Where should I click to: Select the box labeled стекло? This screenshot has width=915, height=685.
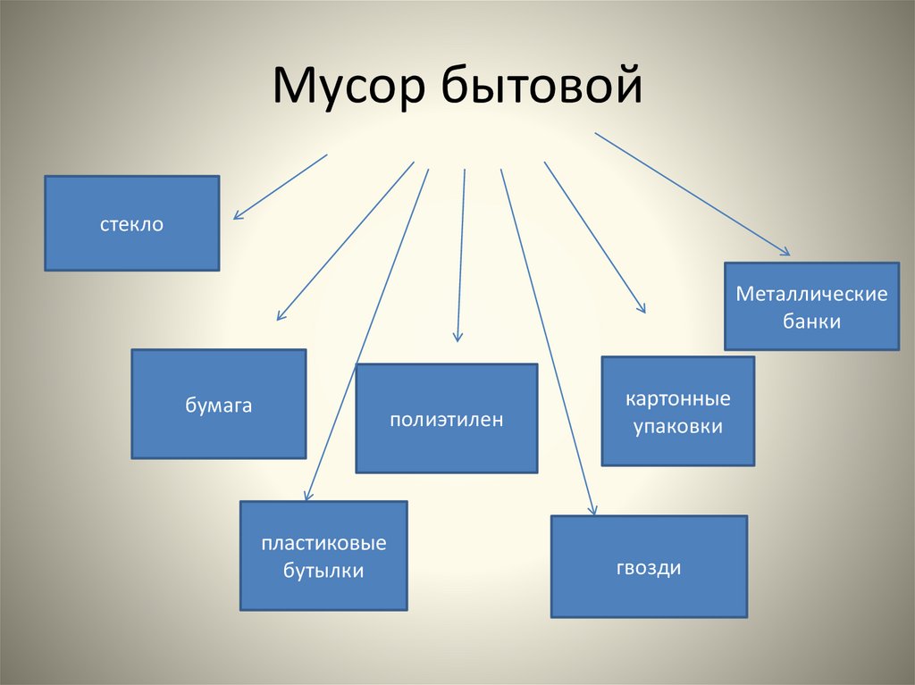tap(131, 223)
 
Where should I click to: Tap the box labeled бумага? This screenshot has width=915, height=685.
tap(219, 404)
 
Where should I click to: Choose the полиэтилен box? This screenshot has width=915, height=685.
tap(446, 418)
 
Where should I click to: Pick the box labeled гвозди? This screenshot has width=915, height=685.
tap(648, 566)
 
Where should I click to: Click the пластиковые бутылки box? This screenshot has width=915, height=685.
tap(323, 556)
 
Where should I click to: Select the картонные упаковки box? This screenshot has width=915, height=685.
tap(677, 411)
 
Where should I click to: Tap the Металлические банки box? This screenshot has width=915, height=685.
tap(811, 306)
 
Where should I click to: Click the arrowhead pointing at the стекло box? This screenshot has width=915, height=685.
tap(237, 216)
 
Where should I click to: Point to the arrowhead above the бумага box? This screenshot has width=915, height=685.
tap(280, 316)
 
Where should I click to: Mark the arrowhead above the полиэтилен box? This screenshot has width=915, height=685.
tap(457, 338)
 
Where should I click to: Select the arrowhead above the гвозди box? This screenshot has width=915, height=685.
tap(592, 510)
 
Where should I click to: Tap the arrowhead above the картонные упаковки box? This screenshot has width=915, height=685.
tap(642, 308)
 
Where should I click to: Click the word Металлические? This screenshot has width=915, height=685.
tap(811, 294)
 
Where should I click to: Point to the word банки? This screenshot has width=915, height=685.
tap(811, 321)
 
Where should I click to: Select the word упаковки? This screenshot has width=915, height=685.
tap(677, 426)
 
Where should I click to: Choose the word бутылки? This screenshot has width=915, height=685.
tap(323, 571)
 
